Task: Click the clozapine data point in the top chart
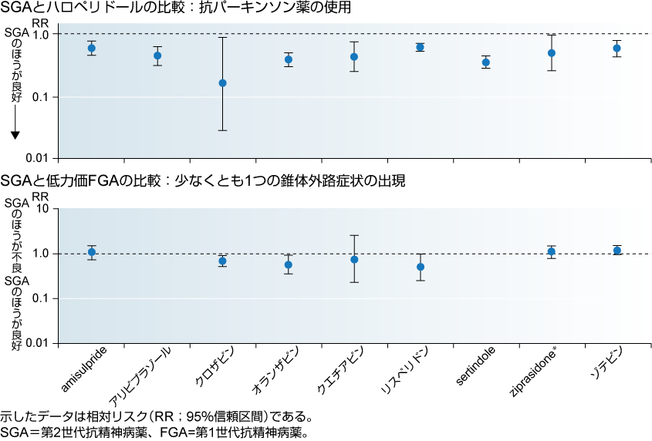click(x=223, y=82)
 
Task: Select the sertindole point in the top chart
click(x=486, y=62)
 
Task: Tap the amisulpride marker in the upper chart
click(x=91, y=48)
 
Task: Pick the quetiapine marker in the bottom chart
click(x=354, y=260)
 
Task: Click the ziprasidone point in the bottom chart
click(x=552, y=251)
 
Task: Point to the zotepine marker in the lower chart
click(x=617, y=250)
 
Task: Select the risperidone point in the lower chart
click(x=421, y=267)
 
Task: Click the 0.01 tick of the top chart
click(x=39, y=158)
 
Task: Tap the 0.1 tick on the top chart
click(x=42, y=97)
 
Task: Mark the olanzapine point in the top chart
click(x=289, y=59)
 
